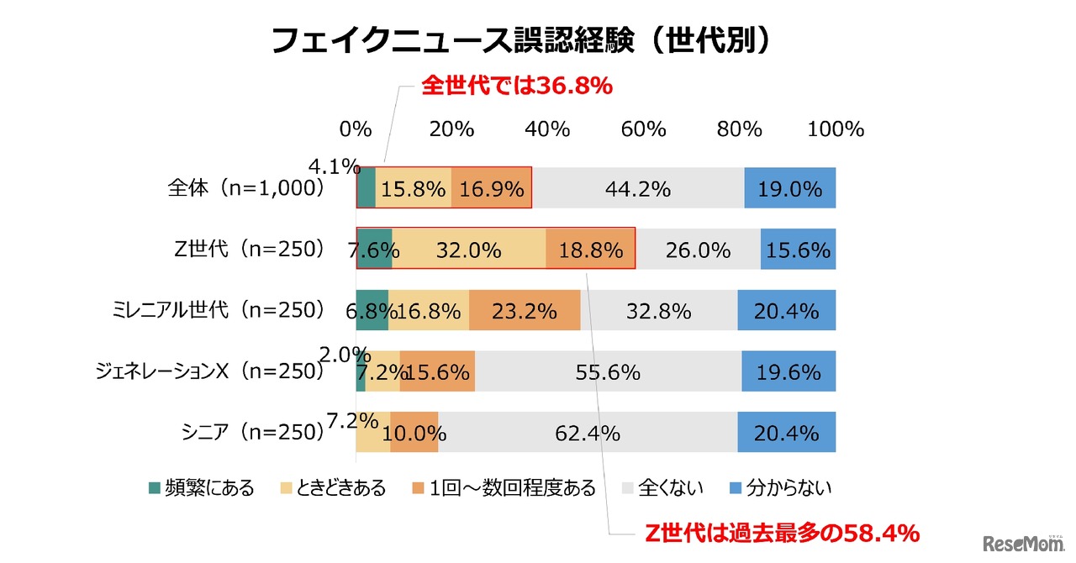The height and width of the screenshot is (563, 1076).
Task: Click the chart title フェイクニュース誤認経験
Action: click(x=521, y=40)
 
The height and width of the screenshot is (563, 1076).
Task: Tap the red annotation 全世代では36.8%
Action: click(x=515, y=85)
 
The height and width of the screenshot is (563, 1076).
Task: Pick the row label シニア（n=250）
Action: click(x=252, y=433)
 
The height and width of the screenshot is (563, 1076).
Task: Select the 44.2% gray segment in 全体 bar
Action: click(x=638, y=188)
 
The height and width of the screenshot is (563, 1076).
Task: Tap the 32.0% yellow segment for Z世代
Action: click(x=468, y=250)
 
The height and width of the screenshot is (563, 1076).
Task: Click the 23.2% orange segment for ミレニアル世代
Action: click(x=525, y=311)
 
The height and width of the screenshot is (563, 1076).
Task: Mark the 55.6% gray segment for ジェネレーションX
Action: click(x=608, y=372)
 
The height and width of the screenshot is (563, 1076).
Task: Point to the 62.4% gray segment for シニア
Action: click(x=588, y=434)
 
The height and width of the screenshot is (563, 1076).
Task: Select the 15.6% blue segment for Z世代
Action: click(x=798, y=250)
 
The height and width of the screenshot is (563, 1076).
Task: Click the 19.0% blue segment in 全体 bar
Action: click(x=789, y=188)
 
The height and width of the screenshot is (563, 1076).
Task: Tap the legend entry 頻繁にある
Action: click(x=202, y=487)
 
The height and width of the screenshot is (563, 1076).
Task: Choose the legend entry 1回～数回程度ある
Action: click(x=506, y=487)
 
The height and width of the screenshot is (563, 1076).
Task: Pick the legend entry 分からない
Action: click(x=785, y=487)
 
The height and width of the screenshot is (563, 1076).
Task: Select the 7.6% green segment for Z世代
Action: click(x=374, y=250)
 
